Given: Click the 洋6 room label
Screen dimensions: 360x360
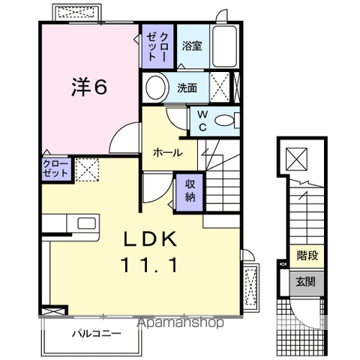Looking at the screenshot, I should (89, 87).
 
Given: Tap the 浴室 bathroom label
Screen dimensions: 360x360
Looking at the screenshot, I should (192, 46).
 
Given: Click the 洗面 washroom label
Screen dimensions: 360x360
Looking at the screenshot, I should (187, 88).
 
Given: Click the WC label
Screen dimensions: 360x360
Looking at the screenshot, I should (202, 119).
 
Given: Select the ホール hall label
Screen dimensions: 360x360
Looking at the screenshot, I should (167, 152).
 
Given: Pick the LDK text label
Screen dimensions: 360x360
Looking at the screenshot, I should (150, 240).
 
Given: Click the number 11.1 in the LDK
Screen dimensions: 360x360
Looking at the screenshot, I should (149, 265).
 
